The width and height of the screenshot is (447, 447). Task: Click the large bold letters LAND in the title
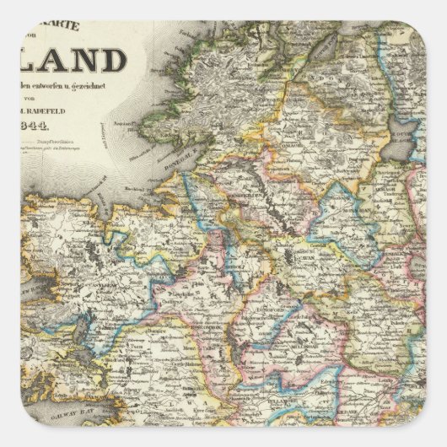pyautogui.click(x=89, y=62)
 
